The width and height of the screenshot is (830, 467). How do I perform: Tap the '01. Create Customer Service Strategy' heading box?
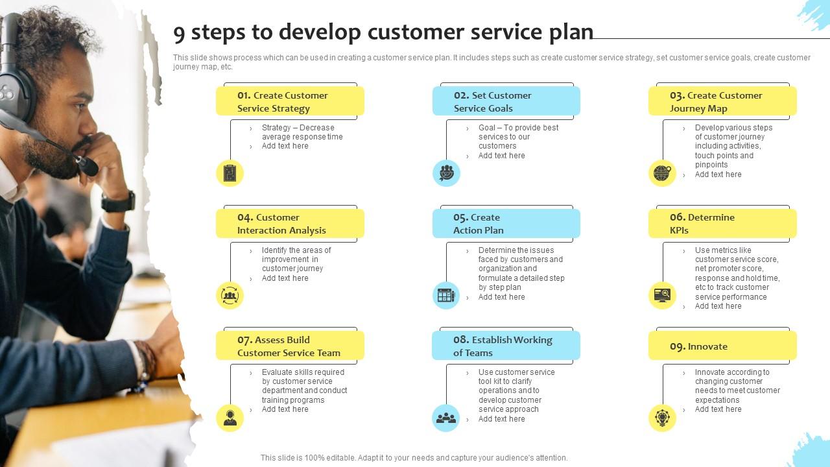coord(290,102)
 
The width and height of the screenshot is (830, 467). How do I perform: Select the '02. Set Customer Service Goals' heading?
coord(506,102)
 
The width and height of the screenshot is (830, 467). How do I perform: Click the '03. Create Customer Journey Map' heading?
coord(722,102)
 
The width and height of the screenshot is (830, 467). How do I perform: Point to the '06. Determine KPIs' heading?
coord(722,224)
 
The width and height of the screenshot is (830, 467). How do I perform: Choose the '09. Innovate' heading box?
coord(722,346)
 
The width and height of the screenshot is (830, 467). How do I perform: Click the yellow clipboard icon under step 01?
coord(230,173)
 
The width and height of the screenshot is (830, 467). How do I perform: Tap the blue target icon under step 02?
coord(446,173)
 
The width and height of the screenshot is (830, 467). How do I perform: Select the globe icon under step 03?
coord(662,173)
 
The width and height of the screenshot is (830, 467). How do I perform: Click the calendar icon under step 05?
coord(446,296)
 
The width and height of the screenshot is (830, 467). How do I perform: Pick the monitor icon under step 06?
coord(662,296)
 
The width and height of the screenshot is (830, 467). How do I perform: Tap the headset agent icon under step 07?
coord(230,418)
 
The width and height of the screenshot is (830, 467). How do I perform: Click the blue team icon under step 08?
coord(446,418)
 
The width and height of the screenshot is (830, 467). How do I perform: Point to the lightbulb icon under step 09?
coord(662,418)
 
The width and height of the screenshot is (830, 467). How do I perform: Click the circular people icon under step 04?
coord(230,296)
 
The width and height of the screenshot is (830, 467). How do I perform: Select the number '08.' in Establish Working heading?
coord(461,340)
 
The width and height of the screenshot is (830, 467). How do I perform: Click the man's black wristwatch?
coord(119,202)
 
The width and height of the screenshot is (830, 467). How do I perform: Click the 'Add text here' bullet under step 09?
coord(718,409)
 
